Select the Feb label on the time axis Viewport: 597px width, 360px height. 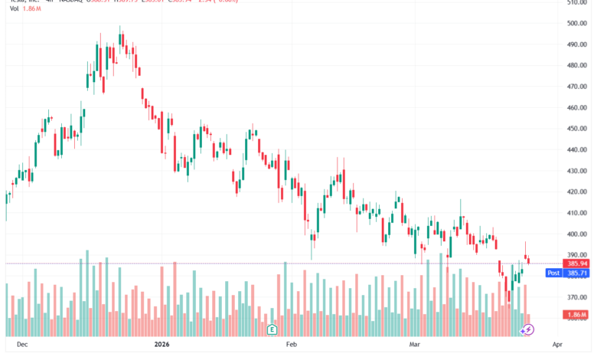[291, 345]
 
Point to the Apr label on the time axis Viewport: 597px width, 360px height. [556, 345]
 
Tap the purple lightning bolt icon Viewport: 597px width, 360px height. [528, 329]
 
